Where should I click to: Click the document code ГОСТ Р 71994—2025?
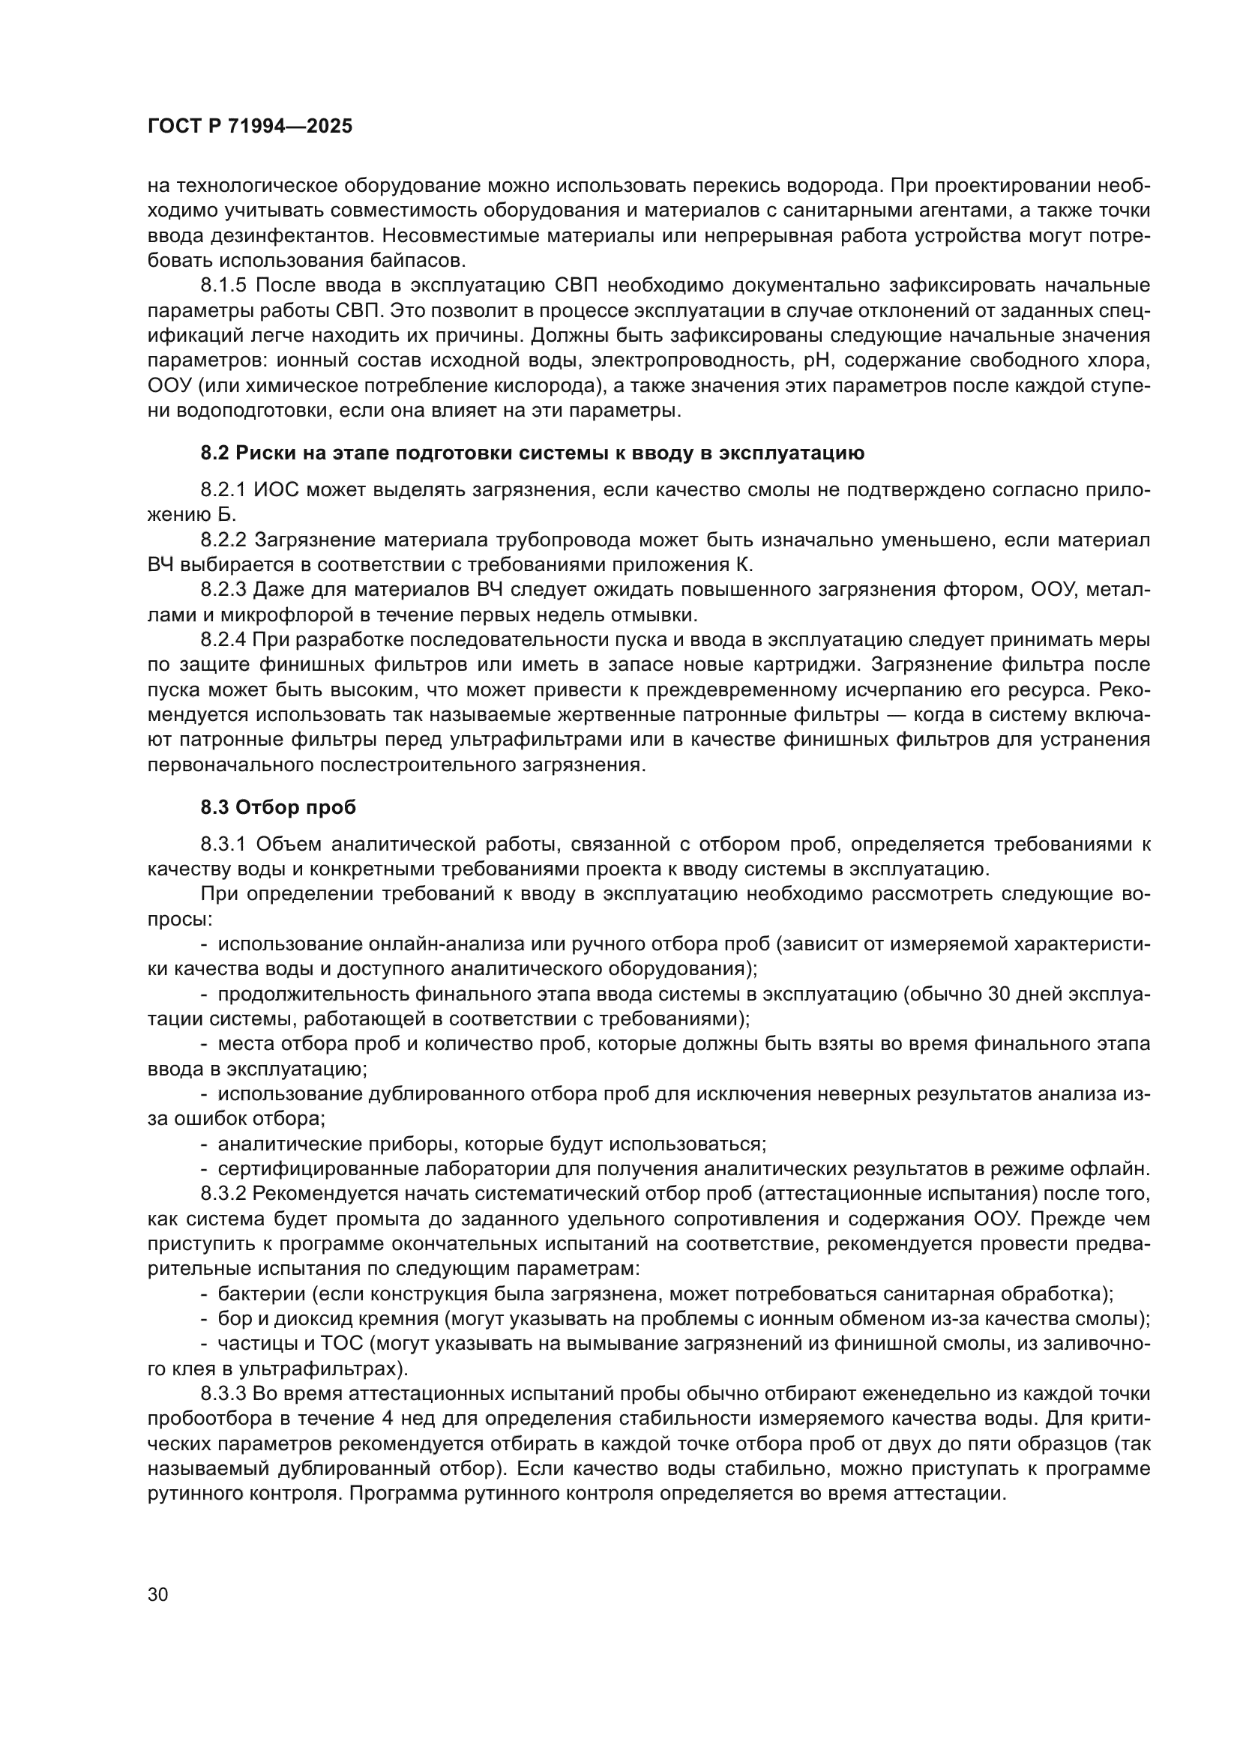(250, 127)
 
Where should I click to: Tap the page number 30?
(157, 1595)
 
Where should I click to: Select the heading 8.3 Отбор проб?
(278, 807)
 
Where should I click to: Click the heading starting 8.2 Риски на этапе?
(532, 453)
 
